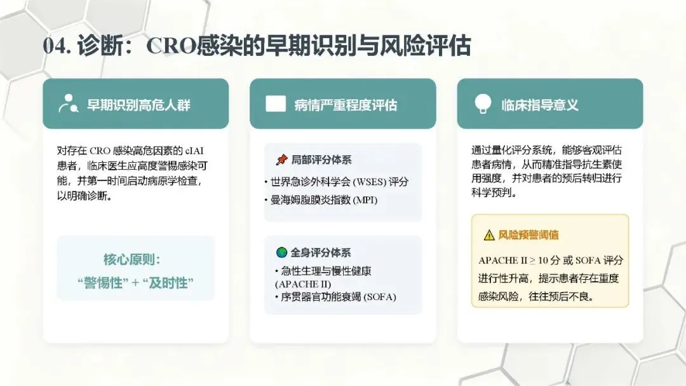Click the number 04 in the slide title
[55, 46]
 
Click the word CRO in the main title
[171, 46]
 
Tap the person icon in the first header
[68, 104]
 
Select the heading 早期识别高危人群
[138, 105]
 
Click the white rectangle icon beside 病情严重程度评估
[276, 104]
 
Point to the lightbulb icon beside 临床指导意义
[483, 104]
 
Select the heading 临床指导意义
[540, 105]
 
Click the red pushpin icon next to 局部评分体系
[282, 160]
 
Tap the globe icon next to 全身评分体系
[282, 252]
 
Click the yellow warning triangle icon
[489, 235]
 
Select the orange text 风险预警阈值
[528, 235]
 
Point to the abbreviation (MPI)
[365, 200]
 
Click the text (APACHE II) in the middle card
[303, 284]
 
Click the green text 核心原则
[131, 259]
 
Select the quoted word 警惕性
[103, 283]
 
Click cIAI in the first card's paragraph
[194, 151]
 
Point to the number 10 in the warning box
[543, 260]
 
